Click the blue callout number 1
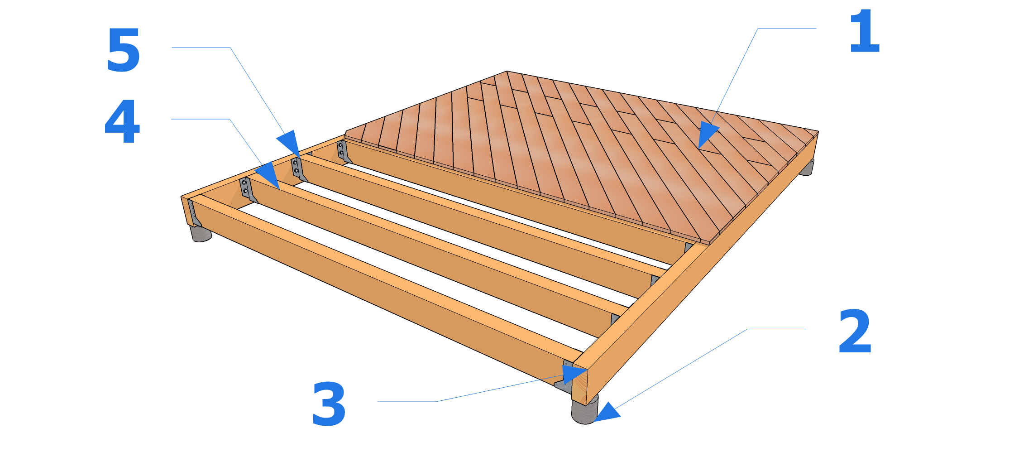[864, 32]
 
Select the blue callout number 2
[855, 332]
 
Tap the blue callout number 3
[329, 404]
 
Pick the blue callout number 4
[122, 121]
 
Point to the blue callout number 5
[123, 50]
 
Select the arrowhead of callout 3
[574, 374]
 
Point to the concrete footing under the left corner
[201, 233]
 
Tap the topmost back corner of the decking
[507, 72]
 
